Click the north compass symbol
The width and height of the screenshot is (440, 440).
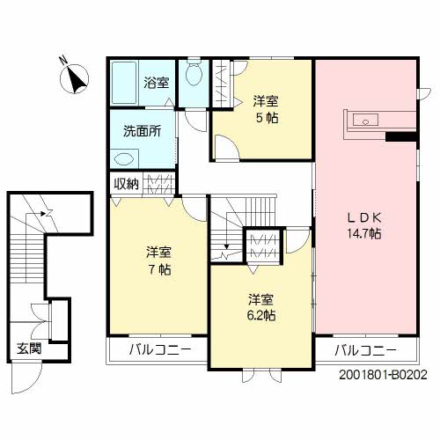(74, 78)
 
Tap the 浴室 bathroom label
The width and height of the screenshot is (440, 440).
(156, 83)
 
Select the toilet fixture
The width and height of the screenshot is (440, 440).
(194, 72)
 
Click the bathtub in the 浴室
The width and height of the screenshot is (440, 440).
(125, 83)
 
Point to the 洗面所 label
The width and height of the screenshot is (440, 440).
(142, 131)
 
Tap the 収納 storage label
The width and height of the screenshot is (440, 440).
(126, 184)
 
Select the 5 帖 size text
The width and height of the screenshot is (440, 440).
(268, 118)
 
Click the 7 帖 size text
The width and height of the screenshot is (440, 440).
(159, 269)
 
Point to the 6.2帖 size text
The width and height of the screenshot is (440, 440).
(260, 315)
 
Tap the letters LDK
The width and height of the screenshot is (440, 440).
(364, 217)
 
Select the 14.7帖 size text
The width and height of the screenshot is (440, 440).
(364, 234)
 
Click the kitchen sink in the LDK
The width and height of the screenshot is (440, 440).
(365, 120)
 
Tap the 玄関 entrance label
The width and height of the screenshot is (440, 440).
(29, 348)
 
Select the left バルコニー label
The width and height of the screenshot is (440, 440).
(160, 349)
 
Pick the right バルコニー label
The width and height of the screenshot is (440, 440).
(365, 350)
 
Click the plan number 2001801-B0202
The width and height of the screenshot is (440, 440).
(383, 375)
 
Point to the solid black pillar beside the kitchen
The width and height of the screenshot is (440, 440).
(401, 137)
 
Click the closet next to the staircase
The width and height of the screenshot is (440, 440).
(264, 246)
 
